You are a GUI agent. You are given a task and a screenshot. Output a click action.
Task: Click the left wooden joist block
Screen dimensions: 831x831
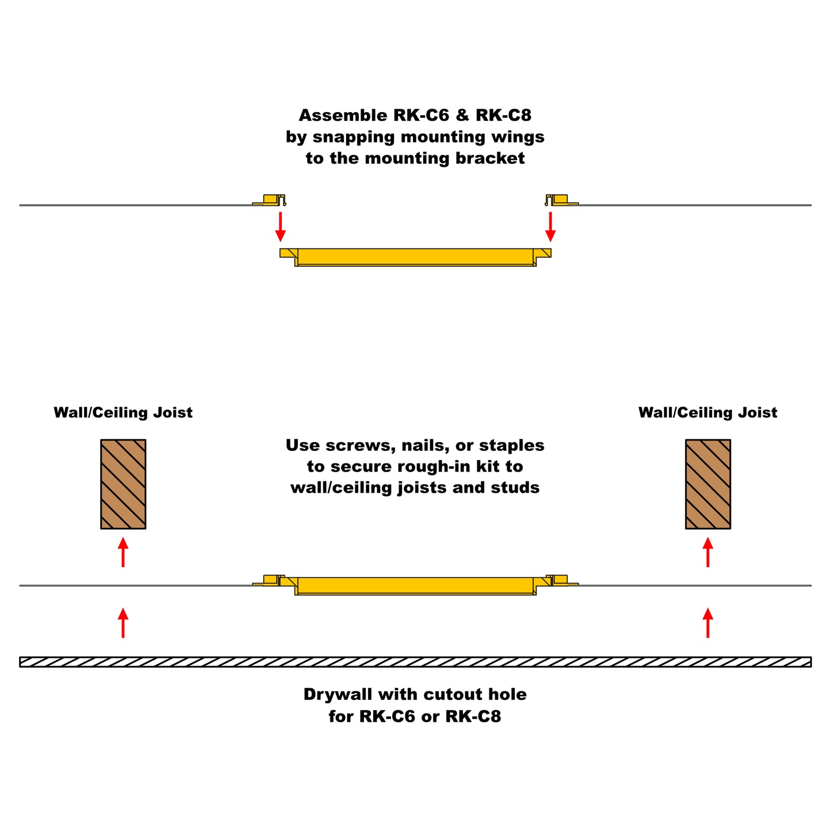(x=123, y=484)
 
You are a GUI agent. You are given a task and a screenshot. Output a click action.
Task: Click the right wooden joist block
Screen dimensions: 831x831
(x=707, y=484)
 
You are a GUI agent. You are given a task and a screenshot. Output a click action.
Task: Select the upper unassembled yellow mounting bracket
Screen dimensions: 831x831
(x=415, y=256)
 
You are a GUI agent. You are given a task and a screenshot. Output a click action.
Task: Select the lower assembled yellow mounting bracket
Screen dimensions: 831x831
(x=415, y=585)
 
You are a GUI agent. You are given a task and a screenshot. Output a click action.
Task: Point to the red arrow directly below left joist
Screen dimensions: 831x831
(x=123, y=552)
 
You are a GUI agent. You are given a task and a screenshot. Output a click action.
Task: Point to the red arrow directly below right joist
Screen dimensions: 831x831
(x=707, y=552)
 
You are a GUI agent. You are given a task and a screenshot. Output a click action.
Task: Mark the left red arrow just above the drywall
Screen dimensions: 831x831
(x=123, y=623)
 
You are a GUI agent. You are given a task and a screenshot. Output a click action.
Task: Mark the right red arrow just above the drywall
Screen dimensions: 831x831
(x=707, y=623)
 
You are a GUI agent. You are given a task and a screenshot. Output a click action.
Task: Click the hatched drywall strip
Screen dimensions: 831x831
(x=415, y=662)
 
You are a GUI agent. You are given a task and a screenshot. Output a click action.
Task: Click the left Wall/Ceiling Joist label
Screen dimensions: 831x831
(x=123, y=413)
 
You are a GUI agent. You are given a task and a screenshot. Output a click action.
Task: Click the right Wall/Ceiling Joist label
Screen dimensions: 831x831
(x=707, y=413)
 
